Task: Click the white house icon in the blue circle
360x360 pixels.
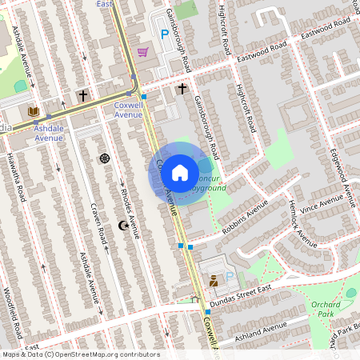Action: pos(180,172)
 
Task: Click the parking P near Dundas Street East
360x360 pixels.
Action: pos(230,277)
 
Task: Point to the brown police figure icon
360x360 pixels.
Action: pos(214,281)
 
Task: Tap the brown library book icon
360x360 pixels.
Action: pos(33,112)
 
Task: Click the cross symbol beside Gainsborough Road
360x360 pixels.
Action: pos(182,88)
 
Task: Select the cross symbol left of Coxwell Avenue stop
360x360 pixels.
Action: pos(82,95)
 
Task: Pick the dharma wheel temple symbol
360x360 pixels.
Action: pos(104,158)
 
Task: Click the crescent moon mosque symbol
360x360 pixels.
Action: pos(122,226)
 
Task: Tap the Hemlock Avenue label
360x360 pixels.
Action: pos(303,224)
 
